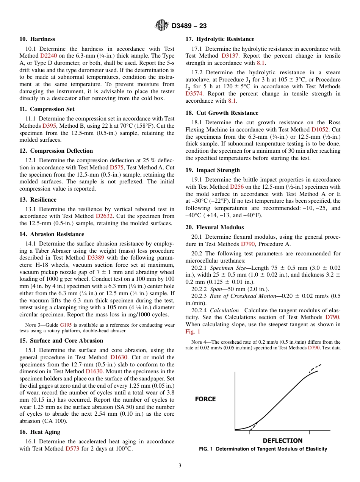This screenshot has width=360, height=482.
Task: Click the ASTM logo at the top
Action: (162, 26)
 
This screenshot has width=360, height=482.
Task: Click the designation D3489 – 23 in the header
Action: (189, 26)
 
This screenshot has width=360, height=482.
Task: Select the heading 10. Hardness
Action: (37, 39)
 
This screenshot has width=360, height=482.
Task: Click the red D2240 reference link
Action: (48, 56)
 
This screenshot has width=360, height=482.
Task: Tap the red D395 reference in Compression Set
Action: (49, 126)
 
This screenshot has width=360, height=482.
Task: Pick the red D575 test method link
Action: (117, 167)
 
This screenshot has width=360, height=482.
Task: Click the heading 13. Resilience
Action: (38, 200)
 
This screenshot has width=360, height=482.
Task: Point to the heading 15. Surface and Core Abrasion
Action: (61, 341)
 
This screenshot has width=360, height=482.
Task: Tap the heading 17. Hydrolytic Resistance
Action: (220, 39)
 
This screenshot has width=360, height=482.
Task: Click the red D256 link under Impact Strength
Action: (237, 187)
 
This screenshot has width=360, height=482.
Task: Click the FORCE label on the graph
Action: (205, 399)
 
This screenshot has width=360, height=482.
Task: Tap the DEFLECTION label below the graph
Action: (282, 441)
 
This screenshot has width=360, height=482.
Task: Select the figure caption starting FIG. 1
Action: (263, 449)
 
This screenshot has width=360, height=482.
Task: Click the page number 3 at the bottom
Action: (180, 466)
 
